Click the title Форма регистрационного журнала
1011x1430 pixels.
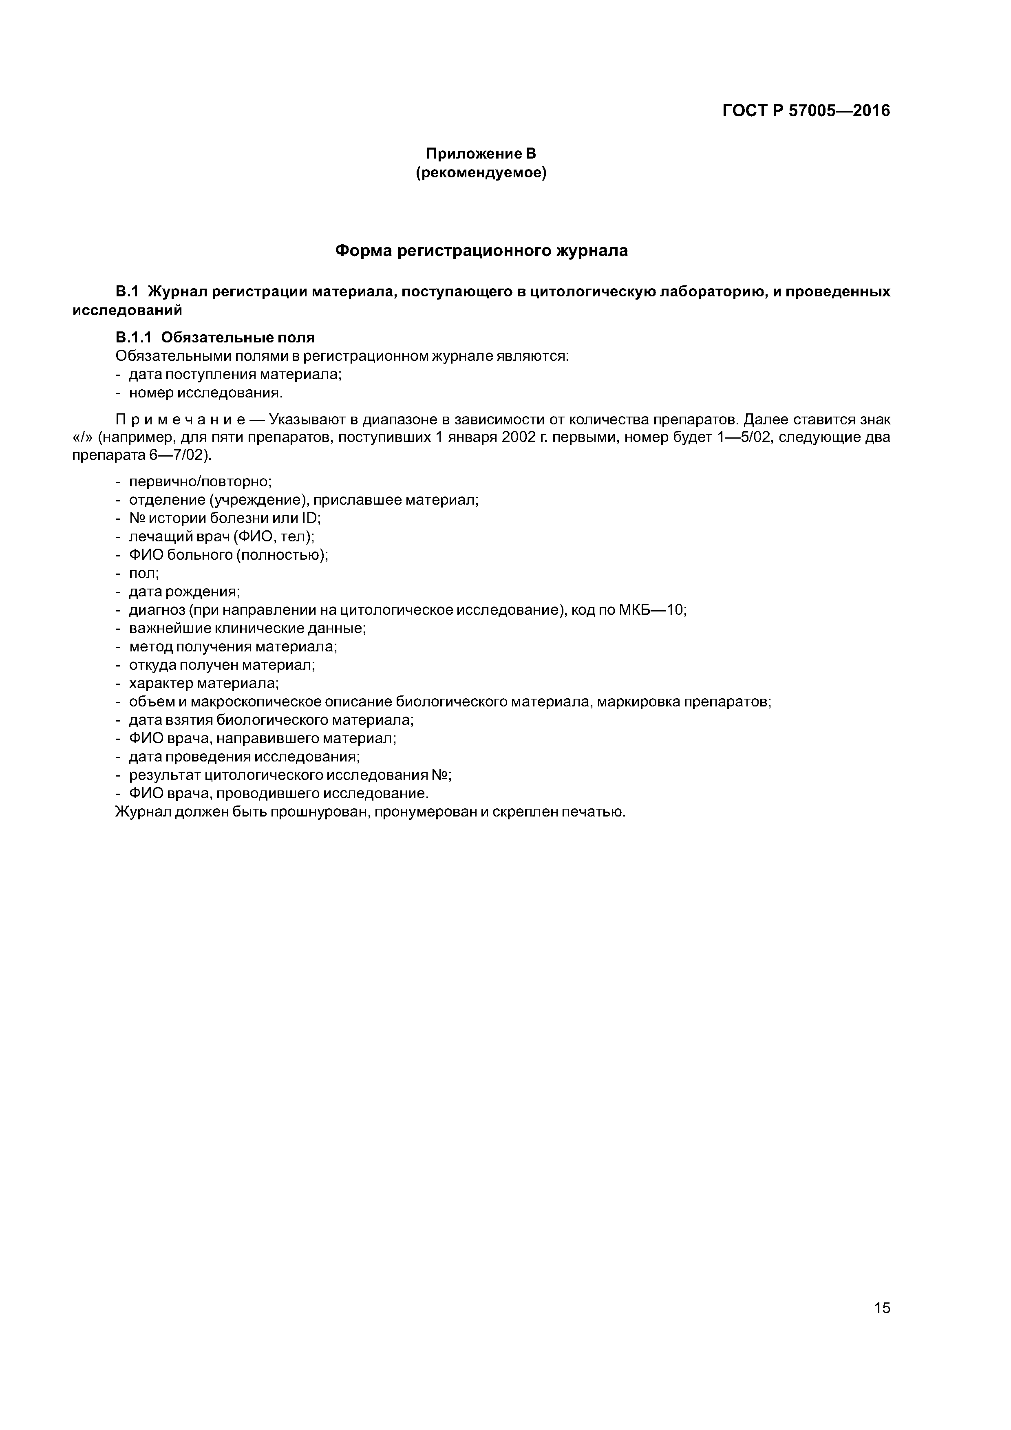tap(481, 251)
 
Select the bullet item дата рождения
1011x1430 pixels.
tap(184, 591)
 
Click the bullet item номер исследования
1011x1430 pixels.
tap(205, 393)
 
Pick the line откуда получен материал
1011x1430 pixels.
tap(222, 664)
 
